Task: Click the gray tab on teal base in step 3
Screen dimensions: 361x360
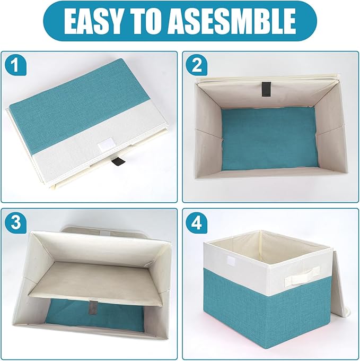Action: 93,308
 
